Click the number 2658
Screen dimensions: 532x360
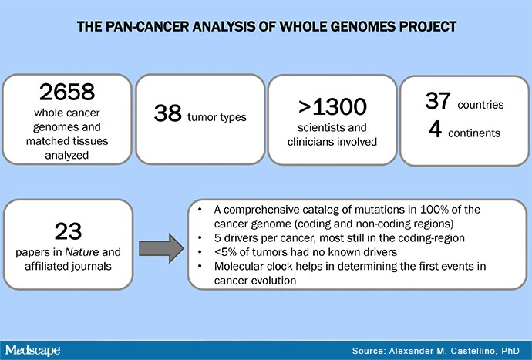click(67, 92)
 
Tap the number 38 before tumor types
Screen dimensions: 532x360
click(167, 113)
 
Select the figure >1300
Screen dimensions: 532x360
click(332, 106)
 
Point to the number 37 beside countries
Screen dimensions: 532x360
click(438, 101)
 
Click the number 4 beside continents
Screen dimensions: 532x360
click(435, 130)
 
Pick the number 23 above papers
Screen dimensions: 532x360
click(68, 231)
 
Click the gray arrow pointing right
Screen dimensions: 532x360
click(161, 248)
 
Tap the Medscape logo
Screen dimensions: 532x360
click(32, 350)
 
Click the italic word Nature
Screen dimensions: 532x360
click(82, 252)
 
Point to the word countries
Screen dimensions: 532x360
click(480, 105)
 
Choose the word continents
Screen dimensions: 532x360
click(474, 133)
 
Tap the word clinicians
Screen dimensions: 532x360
click(311, 142)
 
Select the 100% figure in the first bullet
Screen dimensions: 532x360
click(434, 210)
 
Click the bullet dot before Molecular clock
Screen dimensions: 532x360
click(200, 267)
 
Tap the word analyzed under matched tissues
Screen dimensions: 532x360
click(67, 156)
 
